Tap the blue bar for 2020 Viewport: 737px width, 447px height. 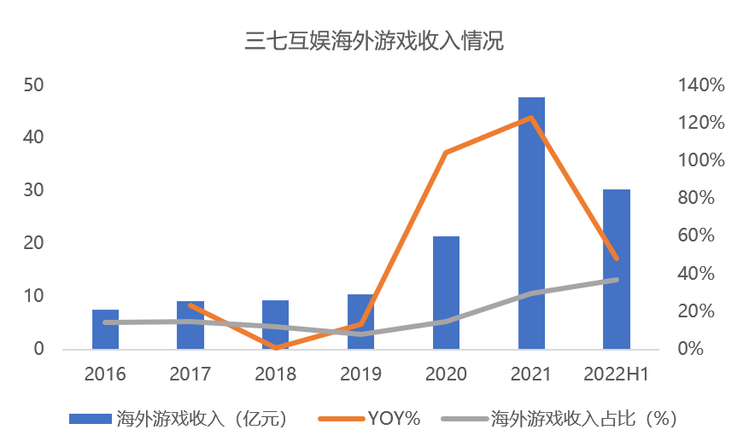click(x=446, y=293)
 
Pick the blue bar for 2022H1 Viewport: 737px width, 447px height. click(x=617, y=270)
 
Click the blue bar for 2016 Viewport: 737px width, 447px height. click(x=105, y=329)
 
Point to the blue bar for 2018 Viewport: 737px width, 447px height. click(x=275, y=325)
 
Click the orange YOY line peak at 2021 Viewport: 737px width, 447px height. click(x=531, y=118)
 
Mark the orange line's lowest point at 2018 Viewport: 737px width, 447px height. click(x=276, y=347)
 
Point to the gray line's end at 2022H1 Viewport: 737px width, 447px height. click(x=617, y=280)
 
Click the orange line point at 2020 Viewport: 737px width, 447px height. click(x=446, y=153)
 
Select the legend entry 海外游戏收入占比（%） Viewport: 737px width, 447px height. click(x=559, y=418)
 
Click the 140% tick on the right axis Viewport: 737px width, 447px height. click(x=701, y=85)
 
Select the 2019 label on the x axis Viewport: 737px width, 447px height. click(x=360, y=374)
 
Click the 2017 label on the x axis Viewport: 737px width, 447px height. click(x=190, y=374)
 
